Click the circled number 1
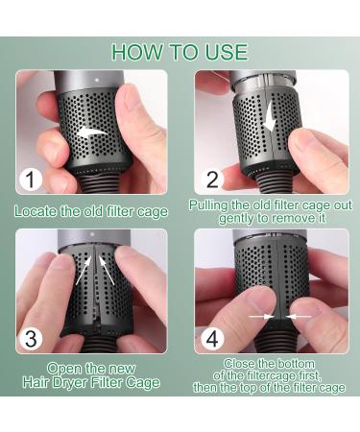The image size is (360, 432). (x=31, y=180)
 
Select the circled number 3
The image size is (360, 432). (x=31, y=338)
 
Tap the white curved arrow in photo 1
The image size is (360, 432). (x=91, y=132)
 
